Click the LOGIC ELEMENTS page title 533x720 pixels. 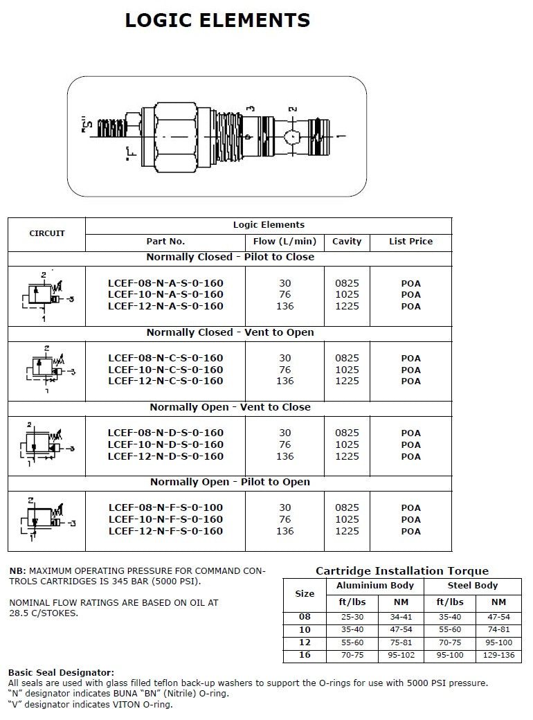coord(217,21)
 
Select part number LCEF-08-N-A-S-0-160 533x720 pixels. coord(165,283)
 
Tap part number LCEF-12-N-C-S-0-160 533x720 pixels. coord(165,381)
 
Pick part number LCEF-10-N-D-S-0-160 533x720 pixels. coord(165,444)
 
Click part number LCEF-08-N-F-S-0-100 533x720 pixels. coord(165,507)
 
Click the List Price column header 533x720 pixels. coord(410,242)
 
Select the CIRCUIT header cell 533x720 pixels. coord(47,233)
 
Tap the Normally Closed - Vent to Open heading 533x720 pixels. coord(230,332)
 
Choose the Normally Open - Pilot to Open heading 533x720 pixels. coord(230,482)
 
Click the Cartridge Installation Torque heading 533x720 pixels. coord(402,571)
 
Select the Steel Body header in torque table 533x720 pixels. coord(473,586)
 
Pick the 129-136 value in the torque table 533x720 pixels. coord(498,655)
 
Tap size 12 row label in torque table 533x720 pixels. coord(305,642)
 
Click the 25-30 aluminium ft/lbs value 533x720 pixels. coord(352,616)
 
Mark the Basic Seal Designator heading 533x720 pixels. coord(61,672)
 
